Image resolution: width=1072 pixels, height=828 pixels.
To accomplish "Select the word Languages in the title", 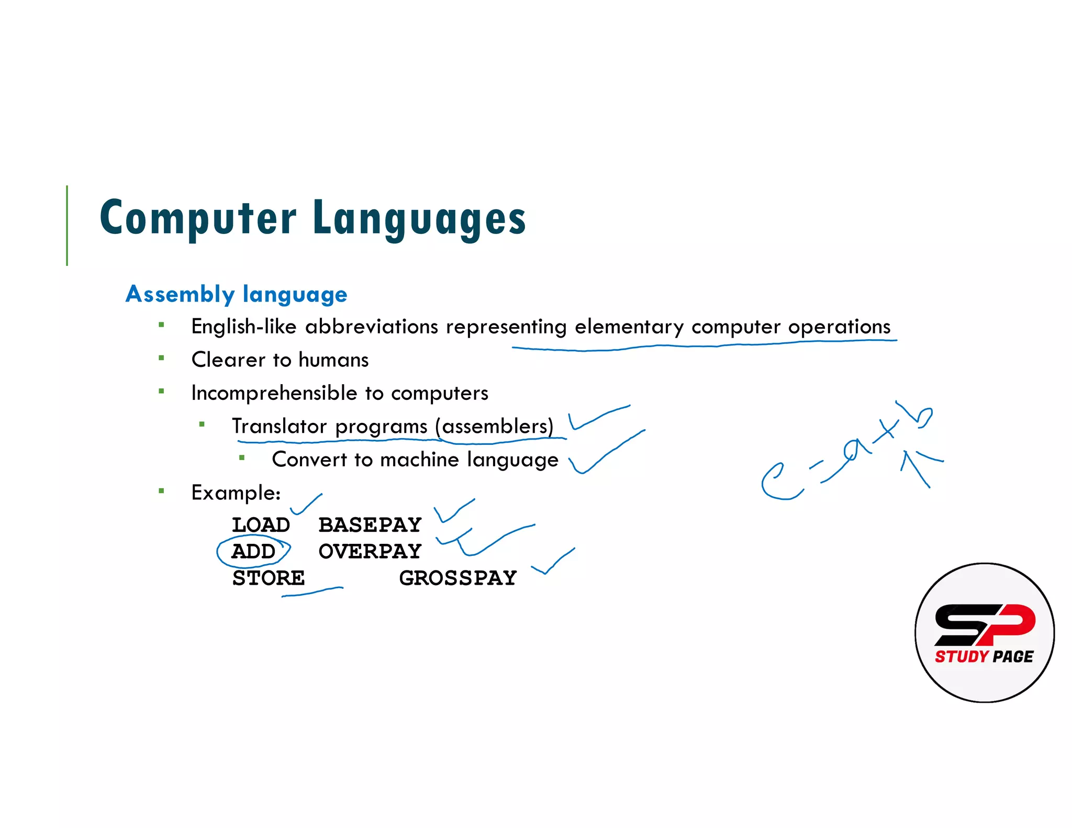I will click(x=419, y=219).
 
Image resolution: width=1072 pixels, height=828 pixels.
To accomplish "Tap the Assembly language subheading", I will click(x=236, y=294).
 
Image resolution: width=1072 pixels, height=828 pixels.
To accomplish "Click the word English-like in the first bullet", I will click(x=243, y=327).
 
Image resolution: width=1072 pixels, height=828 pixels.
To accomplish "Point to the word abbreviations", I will click(x=371, y=327).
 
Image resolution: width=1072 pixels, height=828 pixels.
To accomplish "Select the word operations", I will click(x=839, y=327).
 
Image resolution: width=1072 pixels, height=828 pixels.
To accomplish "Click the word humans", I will click(x=333, y=360).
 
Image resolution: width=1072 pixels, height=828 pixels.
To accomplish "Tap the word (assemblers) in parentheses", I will click(x=495, y=427).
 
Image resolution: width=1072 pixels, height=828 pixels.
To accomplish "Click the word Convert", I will click(x=309, y=460).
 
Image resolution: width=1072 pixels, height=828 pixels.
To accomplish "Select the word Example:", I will click(x=236, y=493).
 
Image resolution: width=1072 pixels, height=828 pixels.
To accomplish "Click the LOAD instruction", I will click(x=261, y=525).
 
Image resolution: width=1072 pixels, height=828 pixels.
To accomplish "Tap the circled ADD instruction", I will click(x=253, y=552).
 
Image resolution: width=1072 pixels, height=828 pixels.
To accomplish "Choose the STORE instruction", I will click(x=268, y=578).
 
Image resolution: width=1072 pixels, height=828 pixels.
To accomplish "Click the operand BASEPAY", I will click(x=370, y=525).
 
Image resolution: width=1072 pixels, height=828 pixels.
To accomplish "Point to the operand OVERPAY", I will click(x=370, y=552).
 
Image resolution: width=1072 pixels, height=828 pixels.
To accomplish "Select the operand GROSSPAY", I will click(x=457, y=578).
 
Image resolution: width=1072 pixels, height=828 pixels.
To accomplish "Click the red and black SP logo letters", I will click(x=984, y=624).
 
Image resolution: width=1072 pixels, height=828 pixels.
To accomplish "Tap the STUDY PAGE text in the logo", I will click(x=984, y=656).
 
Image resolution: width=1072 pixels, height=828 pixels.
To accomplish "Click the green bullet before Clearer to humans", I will click(x=161, y=359).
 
